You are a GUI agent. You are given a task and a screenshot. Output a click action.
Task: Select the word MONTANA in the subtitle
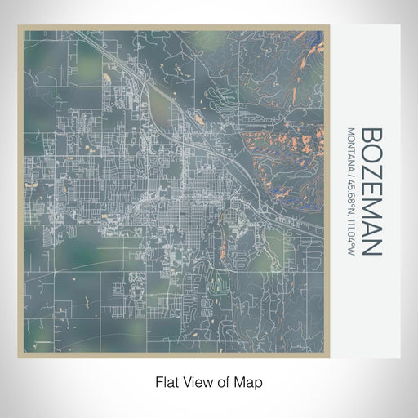352,149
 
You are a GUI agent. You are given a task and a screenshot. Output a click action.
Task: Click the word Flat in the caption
167,381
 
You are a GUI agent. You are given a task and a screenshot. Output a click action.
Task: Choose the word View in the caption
197,381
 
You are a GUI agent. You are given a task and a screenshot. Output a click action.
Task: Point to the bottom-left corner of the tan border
19,358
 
